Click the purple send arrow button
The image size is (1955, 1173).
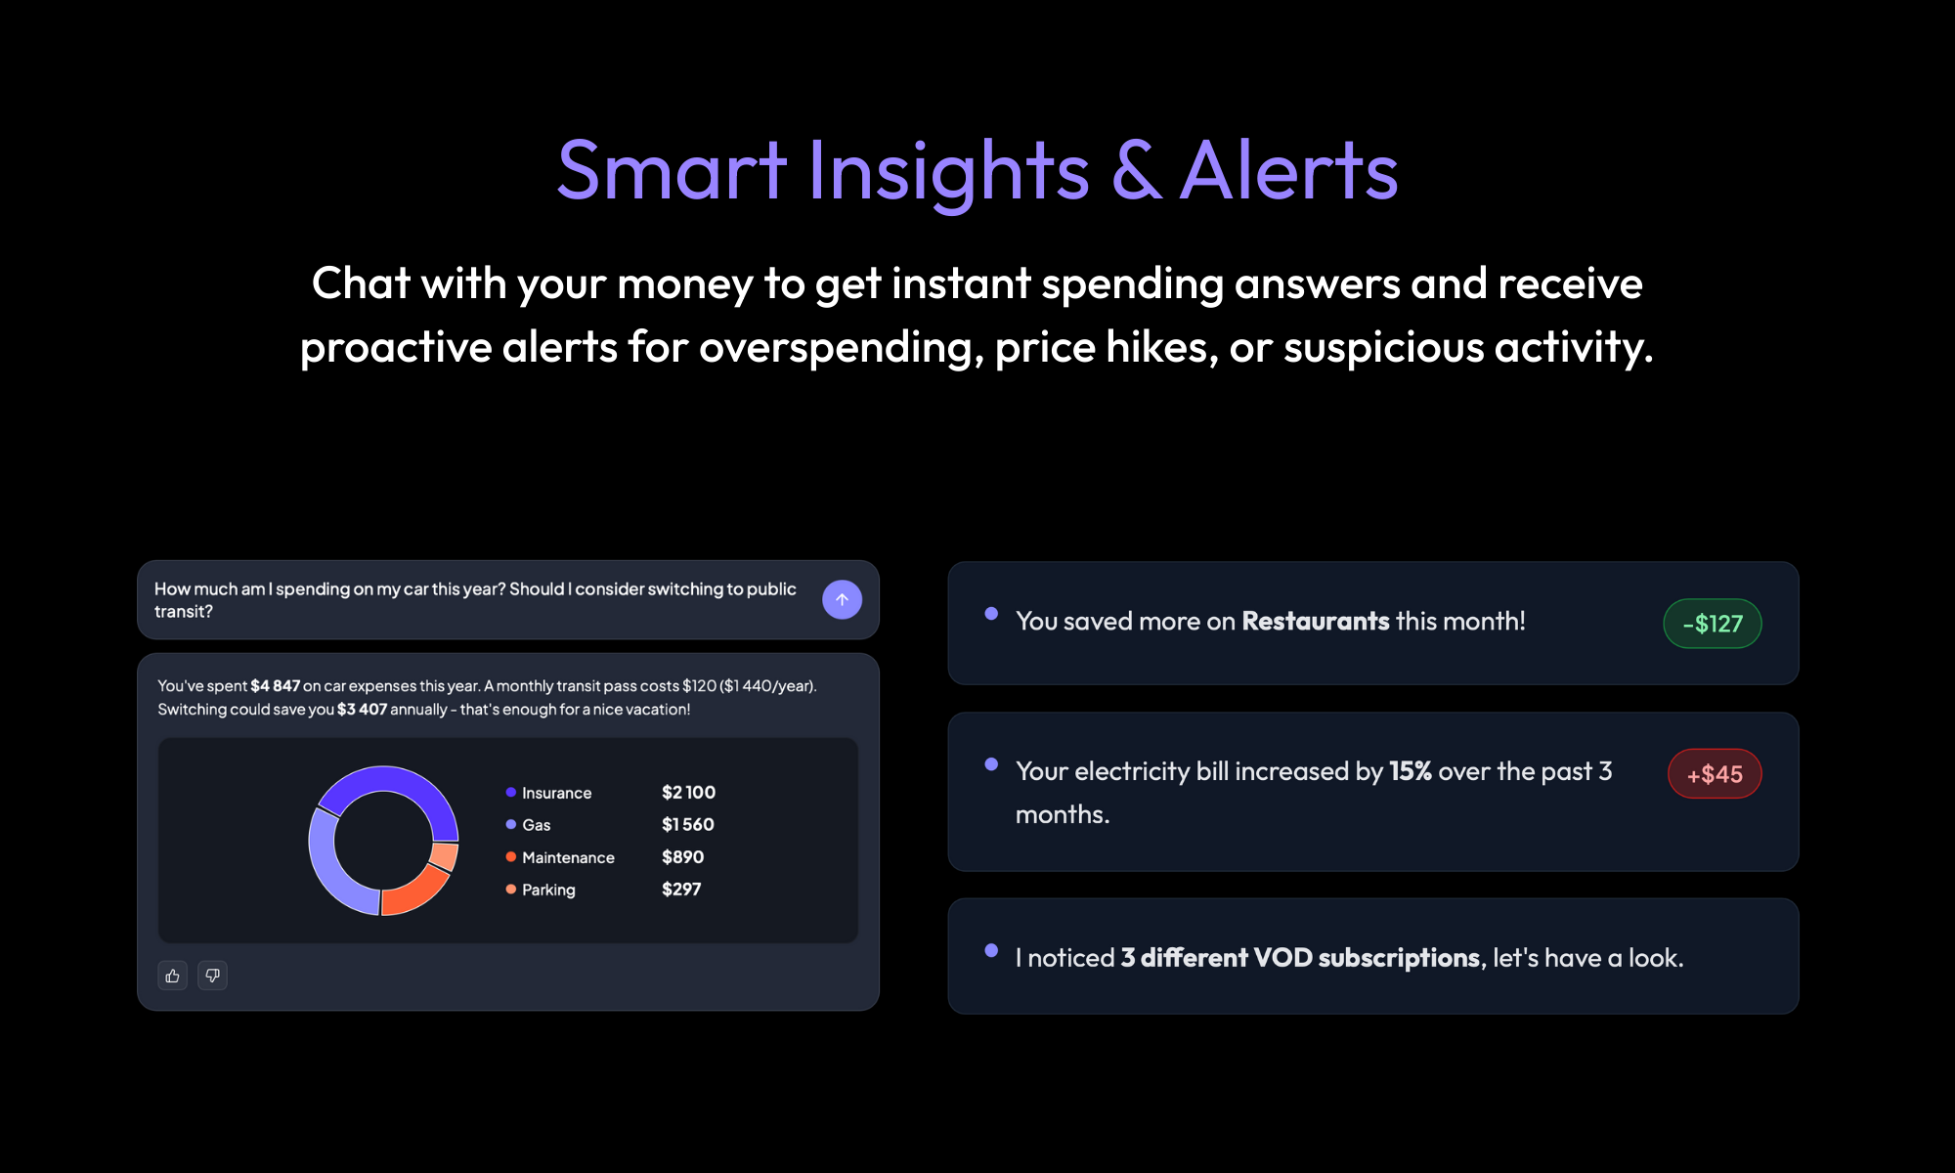[x=842, y=599]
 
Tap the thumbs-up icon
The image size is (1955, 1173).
[x=173, y=976]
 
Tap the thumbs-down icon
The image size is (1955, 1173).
[x=212, y=976]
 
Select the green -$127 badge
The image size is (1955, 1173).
[x=1713, y=624]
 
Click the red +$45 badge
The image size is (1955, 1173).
[x=1715, y=774]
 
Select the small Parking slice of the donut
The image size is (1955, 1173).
[x=445, y=856]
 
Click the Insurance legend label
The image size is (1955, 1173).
[x=556, y=793]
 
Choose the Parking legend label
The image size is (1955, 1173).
[x=548, y=890]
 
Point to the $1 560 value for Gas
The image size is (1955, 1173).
[x=687, y=825]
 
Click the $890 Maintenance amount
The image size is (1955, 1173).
[x=682, y=857]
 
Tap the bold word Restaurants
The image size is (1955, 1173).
[x=1315, y=622]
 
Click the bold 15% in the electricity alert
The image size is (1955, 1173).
[x=1410, y=771]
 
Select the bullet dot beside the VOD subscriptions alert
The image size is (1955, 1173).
[x=991, y=950]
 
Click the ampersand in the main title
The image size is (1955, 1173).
[x=1136, y=171]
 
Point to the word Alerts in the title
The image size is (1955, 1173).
[x=1289, y=171]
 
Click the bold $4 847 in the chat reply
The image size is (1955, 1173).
[x=275, y=686]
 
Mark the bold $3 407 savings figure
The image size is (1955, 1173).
[x=362, y=710]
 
